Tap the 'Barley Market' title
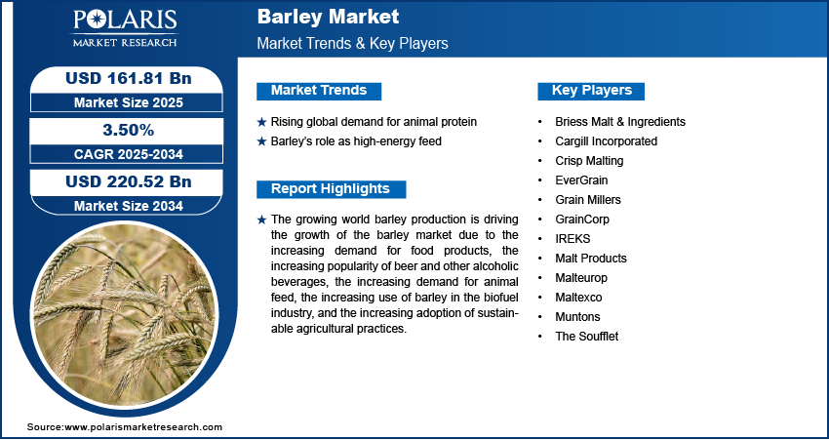pyautogui.click(x=328, y=17)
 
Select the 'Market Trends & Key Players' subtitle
pyautogui.click(x=352, y=43)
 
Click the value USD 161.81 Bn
pyautogui.click(x=129, y=78)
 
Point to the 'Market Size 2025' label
pyautogui.click(x=129, y=102)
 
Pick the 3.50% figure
pyautogui.click(x=129, y=130)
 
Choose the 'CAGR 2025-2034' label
pyautogui.click(x=129, y=154)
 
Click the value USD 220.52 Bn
pyautogui.click(x=129, y=181)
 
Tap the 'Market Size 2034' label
pyautogui.click(x=129, y=206)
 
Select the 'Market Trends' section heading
pyautogui.click(x=319, y=91)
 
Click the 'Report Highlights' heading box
pyautogui.click(x=331, y=189)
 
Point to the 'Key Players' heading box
pyautogui.click(x=591, y=91)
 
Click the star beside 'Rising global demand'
pyautogui.click(x=261, y=122)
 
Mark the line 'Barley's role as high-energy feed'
pyautogui.click(x=356, y=141)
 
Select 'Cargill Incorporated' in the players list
pyautogui.click(x=606, y=141)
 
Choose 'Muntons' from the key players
pyautogui.click(x=577, y=317)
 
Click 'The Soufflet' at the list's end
pyautogui.click(x=586, y=337)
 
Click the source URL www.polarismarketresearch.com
pyautogui.click(x=143, y=427)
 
